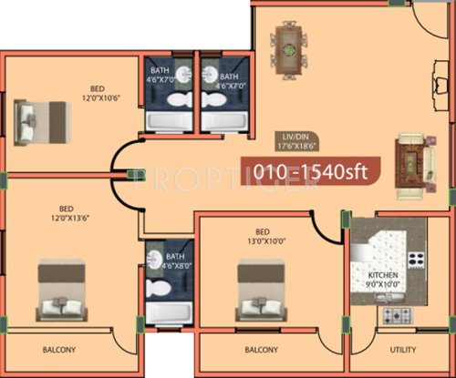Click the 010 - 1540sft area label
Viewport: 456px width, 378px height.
pyautogui.click(x=305, y=171)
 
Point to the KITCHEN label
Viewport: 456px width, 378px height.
pyautogui.click(x=382, y=274)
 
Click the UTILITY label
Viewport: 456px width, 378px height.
pyautogui.click(x=402, y=350)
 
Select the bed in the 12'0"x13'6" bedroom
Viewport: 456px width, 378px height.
pyautogui.click(x=61, y=289)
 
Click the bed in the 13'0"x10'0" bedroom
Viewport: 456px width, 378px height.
pyautogui.click(x=261, y=287)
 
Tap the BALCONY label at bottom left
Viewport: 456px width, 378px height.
pyautogui.click(x=59, y=350)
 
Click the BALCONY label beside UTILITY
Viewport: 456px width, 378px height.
pyautogui.click(x=262, y=350)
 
